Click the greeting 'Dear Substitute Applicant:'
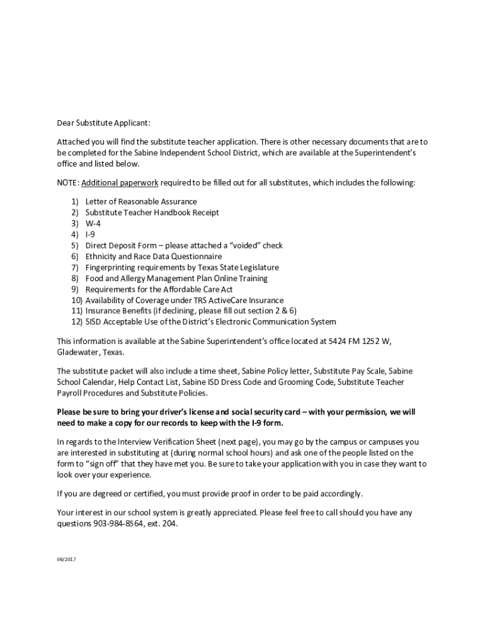103,123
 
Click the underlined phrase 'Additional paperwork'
120,183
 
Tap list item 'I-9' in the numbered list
90,235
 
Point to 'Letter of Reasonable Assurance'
141,201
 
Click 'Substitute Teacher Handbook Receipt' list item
152,213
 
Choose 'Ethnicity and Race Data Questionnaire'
154,257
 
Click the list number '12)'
77,323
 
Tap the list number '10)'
77,301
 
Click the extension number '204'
169,523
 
